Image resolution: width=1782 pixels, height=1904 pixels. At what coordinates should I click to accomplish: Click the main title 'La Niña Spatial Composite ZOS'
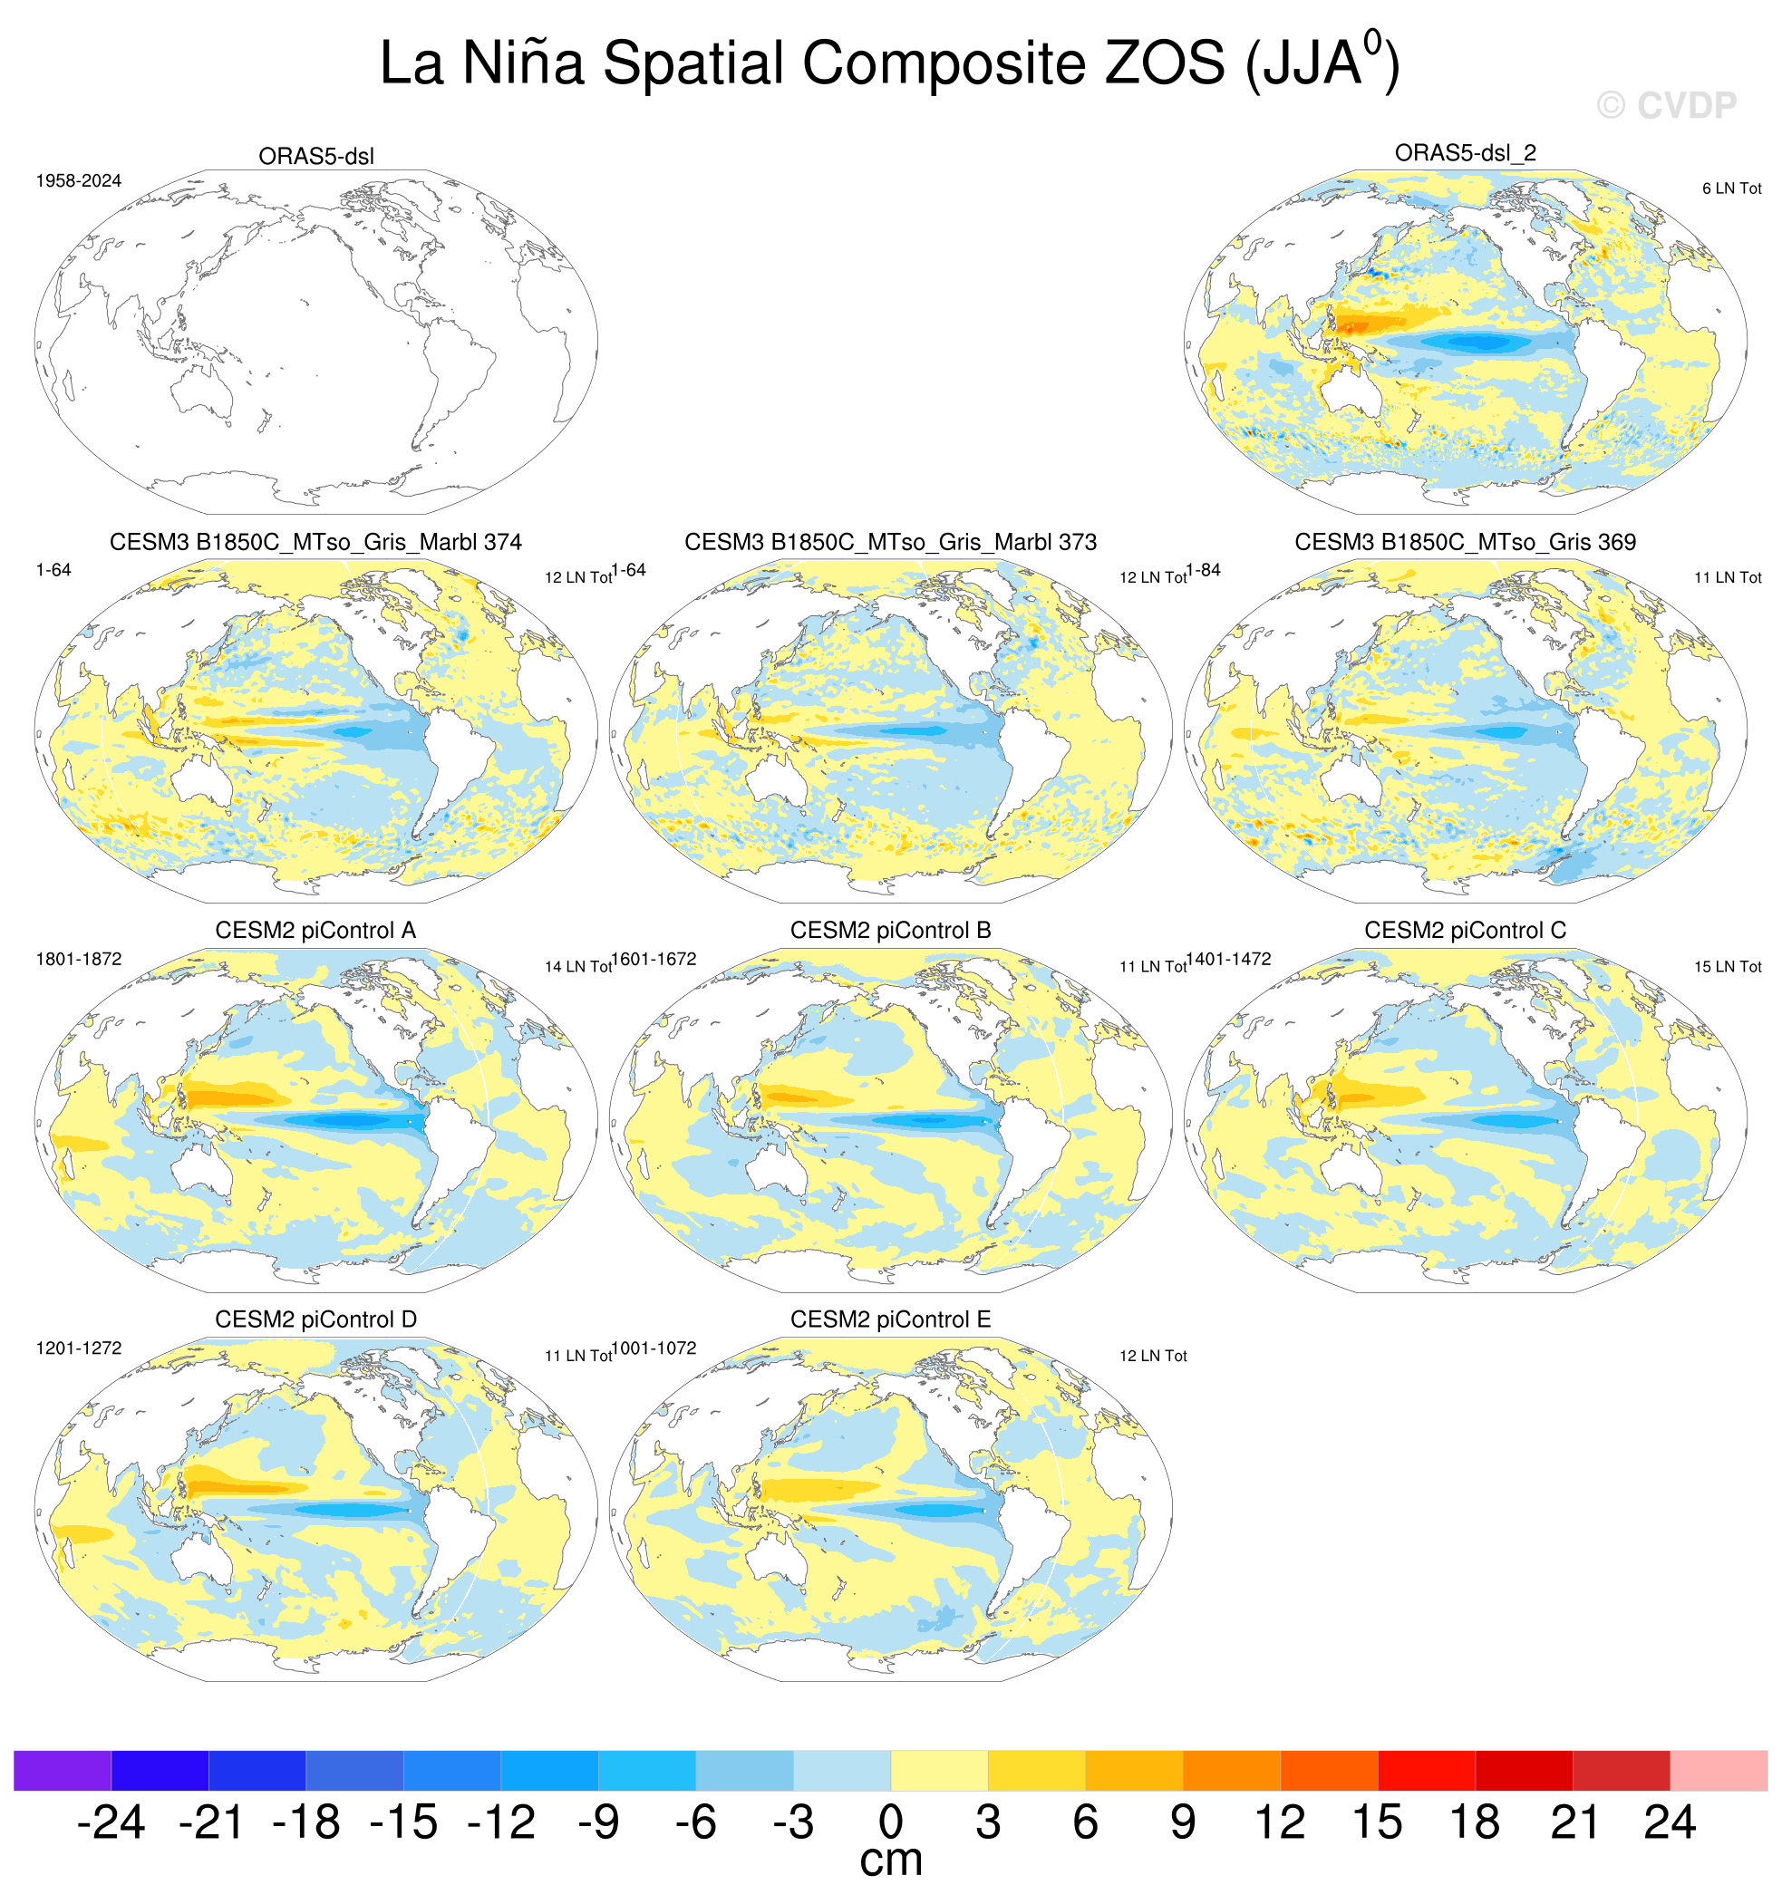coord(801,63)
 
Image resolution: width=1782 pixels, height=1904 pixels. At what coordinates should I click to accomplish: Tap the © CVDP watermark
coord(1666,105)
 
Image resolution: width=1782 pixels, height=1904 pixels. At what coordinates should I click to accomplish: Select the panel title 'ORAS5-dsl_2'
coord(1465,152)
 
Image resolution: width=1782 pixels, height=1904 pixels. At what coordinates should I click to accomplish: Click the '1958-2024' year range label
coord(79,181)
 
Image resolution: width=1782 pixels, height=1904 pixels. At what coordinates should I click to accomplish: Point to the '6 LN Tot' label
coord(1731,188)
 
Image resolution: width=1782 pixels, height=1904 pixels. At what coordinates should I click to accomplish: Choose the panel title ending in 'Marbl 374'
coord(315,542)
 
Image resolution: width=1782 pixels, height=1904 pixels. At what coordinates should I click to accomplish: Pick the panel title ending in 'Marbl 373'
coord(890,542)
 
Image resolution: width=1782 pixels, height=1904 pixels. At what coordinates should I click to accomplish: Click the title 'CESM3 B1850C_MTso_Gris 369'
coord(1465,542)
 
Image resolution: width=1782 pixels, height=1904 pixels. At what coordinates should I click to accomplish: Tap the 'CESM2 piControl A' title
coord(315,930)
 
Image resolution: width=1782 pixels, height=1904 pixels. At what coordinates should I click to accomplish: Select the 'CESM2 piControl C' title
coord(1465,930)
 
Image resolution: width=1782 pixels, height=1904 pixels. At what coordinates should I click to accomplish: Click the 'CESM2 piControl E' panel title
coord(890,1319)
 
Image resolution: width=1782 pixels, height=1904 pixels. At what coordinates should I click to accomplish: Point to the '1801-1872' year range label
coord(79,959)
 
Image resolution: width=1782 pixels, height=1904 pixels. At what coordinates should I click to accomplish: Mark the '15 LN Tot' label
coord(1728,966)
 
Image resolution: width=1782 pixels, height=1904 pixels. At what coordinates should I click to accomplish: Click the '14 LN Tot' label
coord(577,966)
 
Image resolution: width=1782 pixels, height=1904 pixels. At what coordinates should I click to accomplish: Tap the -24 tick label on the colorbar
coord(111,1822)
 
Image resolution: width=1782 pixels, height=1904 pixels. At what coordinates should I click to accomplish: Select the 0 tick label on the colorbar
coord(891,1822)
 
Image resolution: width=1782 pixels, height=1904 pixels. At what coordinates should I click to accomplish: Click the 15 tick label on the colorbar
coord(1377,1822)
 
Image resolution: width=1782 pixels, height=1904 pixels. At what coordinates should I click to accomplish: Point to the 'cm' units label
coord(891,1861)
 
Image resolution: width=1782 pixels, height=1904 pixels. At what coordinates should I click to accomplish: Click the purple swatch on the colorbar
coord(63,1770)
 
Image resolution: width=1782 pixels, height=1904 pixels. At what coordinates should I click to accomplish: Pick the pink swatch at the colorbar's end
coord(1719,1770)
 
